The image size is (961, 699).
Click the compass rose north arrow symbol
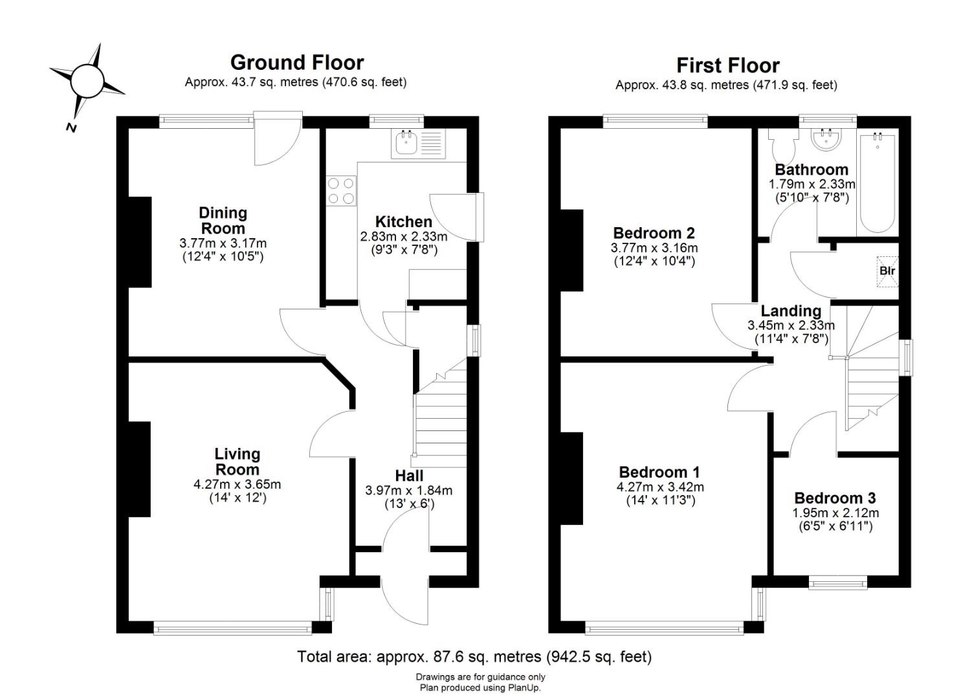click(87, 82)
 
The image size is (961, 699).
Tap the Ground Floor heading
click(296, 63)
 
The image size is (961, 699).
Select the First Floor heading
click(727, 65)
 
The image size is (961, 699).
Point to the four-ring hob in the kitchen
click(341, 191)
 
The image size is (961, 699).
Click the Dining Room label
click(223, 220)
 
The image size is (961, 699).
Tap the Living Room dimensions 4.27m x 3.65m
click(237, 484)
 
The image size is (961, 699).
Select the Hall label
click(409, 476)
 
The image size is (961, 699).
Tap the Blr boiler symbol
click(887, 271)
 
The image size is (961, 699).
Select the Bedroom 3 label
click(835, 498)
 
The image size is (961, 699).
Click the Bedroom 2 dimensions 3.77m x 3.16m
click(654, 248)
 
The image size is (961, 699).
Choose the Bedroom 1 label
click(660, 472)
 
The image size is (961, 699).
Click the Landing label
click(791, 311)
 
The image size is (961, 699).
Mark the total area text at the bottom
click(474, 656)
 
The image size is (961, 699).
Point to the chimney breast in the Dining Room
click(140, 242)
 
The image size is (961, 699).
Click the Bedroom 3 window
click(838, 583)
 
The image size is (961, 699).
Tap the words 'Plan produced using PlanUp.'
click(480, 688)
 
